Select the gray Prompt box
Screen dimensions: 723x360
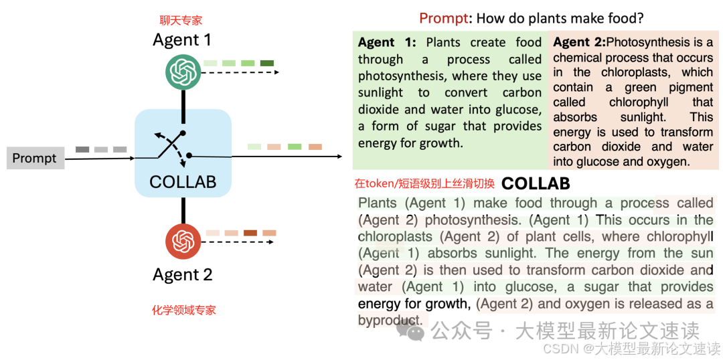tap(35, 159)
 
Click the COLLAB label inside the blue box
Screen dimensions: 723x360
tap(183, 182)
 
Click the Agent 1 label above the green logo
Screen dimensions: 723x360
tap(182, 40)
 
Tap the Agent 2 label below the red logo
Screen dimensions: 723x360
tap(183, 274)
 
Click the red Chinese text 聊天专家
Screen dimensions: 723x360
tap(181, 21)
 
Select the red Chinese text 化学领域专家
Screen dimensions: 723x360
tap(183, 310)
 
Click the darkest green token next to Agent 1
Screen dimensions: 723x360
tap(267, 63)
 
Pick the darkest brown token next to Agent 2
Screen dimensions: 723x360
tap(250, 233)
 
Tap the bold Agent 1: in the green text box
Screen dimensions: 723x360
tap(387, 42)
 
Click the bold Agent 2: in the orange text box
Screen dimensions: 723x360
tap(579, 42)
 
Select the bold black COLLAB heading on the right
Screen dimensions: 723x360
tap(536, 183)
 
